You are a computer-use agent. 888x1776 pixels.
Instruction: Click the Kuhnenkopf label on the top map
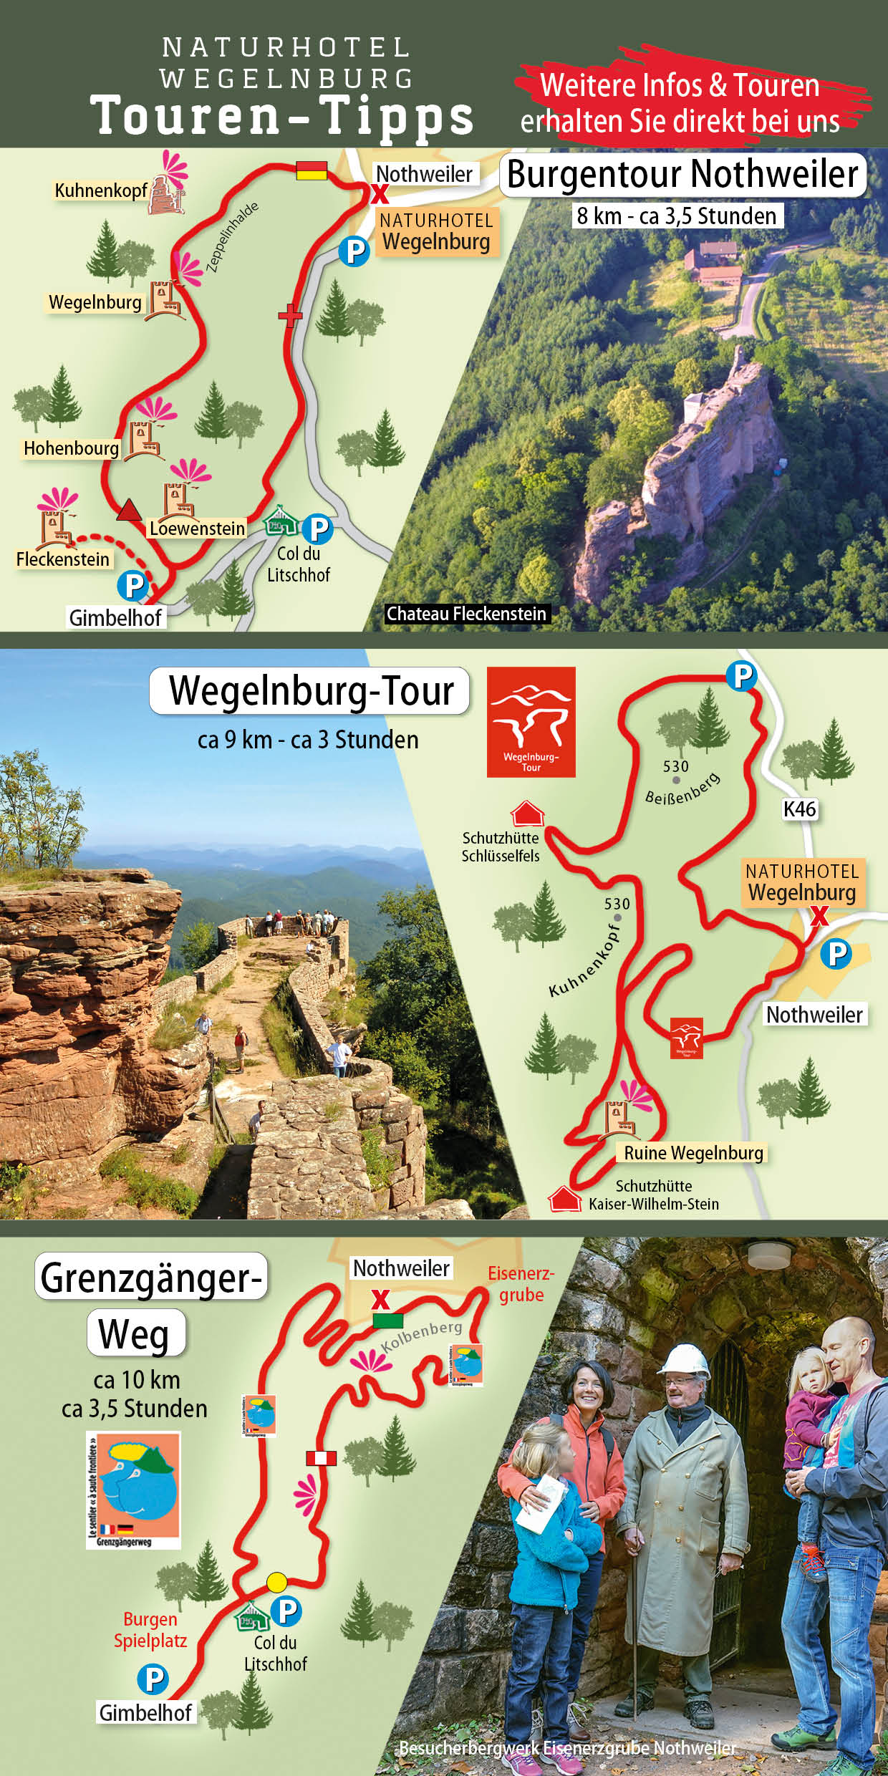click(x=100, y=190)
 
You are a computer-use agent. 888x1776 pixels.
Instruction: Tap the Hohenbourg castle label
click(x=71, y=448)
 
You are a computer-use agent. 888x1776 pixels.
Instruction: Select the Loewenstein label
click(x=197, y=529)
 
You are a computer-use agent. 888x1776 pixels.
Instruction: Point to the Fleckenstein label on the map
click(x=63, y=559)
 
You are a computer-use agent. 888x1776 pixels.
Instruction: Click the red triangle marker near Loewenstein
click(x=129, y=510)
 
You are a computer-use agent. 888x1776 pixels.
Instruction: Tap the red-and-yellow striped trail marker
click(x=312, y=170)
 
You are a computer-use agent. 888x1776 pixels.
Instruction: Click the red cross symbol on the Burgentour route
click(x=290, y=314)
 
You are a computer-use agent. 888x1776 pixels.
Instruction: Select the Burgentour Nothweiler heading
click(x=682, y=174)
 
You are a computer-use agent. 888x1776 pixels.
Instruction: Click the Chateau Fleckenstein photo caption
click(x=466, y=614)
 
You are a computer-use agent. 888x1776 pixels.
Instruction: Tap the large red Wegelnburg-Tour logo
click(x=531, y=722)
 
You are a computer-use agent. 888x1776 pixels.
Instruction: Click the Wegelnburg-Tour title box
click(x=310, y=691)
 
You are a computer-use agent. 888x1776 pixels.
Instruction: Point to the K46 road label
click(x=799, y=809)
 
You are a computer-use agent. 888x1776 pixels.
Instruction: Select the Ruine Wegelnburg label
click(x=692, y=1153)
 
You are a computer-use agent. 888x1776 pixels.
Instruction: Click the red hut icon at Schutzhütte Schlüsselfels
click(x=527, y=814)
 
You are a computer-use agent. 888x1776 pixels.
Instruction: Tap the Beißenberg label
click(x=682, y=789)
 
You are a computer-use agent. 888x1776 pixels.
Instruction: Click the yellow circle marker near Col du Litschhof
click(x=276, y=1582)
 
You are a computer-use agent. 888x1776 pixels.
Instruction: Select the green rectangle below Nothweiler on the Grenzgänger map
click(x=387, y=1321)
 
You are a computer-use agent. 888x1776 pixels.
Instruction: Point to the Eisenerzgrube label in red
click(x=521, y=1284)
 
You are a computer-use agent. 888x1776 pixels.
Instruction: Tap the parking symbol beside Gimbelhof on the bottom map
click(x=153, y=1679)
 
